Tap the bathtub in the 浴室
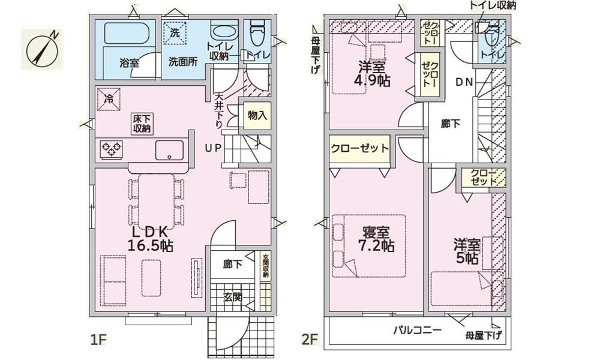tap(127, 33)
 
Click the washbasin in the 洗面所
tap(224, 32)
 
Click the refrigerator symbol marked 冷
tap(109, 97)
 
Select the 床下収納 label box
tap(142, 124)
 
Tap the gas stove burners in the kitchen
tap(110, 148)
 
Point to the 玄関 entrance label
tap(233, 296)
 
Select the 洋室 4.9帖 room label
tap(374, 74)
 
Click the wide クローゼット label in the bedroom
tap(359, 149)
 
